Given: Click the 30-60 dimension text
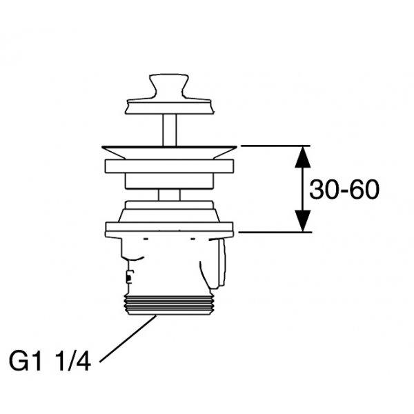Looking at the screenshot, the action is point(344,190).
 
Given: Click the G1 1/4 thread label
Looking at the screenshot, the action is point(50,361).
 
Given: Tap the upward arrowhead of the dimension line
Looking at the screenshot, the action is point(303,157).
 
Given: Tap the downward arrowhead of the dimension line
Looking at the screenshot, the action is point(303,221).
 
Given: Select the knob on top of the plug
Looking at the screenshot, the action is point(169,86).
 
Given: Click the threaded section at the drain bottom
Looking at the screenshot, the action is point(169,305).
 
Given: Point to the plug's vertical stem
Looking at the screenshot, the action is point(169,130).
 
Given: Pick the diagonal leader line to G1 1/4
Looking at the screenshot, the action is point(128,339).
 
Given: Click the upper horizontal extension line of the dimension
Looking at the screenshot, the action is point(274,146).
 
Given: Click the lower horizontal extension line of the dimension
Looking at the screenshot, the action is point(274,233).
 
